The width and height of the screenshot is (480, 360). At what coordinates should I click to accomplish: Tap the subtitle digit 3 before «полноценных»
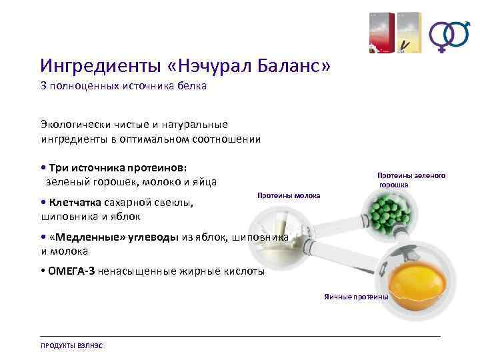coord(44,87)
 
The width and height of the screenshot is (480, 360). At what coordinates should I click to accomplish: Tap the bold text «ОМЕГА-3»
coord(71,271)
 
